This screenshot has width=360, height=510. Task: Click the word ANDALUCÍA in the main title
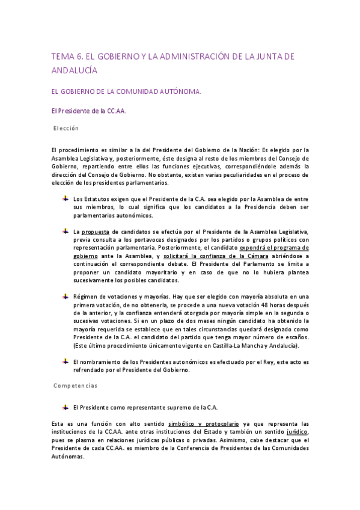[75, 70]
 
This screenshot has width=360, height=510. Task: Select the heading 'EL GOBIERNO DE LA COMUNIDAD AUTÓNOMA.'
[127, 92]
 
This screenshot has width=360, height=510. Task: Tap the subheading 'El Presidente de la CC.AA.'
[88, 111]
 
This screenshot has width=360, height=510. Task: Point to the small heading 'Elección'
[66, 128]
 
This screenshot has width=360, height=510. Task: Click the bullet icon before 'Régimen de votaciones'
[65, 296]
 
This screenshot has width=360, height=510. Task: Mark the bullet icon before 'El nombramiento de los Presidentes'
[65, 361]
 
